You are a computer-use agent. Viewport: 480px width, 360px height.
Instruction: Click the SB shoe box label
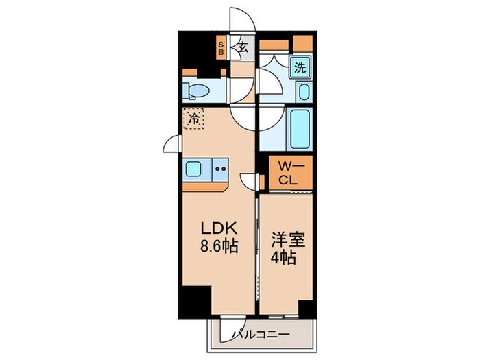coord(221,47)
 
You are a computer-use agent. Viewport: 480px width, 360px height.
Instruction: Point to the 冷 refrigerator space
coord(194,119)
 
